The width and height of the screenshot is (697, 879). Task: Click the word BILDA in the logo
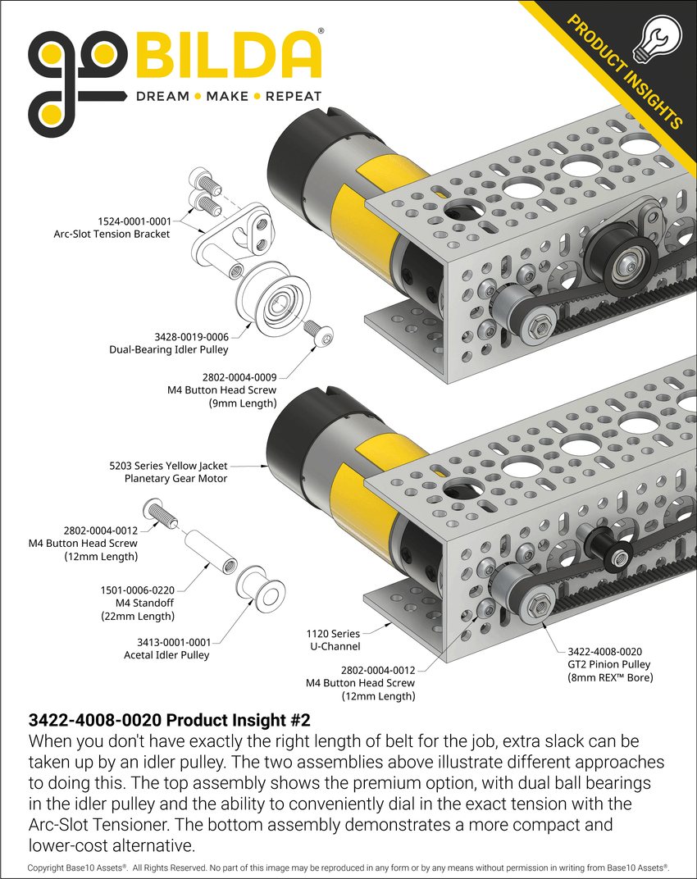[x=228, y=55]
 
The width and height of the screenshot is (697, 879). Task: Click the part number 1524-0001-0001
[x=134, y=221]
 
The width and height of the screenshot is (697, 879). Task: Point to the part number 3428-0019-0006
[x=192, y=336]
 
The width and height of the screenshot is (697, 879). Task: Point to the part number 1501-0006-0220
[x=135, y=590]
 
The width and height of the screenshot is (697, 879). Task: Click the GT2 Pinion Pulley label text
[x=608, y=663]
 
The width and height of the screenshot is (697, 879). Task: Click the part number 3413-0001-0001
[x=167, y=642]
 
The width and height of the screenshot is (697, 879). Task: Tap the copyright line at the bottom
[x=348, y=867]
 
